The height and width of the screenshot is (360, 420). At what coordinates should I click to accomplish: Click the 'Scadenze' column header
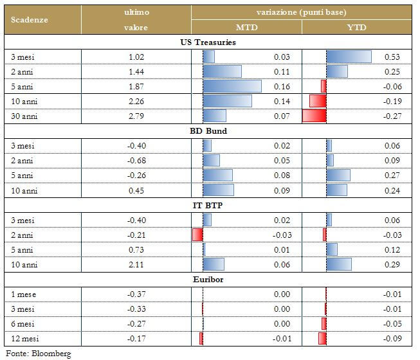(30, 19)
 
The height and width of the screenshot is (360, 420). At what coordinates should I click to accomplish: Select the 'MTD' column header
(248, 28)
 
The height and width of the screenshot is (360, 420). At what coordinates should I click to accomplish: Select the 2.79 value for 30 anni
(136, 116)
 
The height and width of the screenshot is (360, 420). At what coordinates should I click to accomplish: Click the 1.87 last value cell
(136, 86)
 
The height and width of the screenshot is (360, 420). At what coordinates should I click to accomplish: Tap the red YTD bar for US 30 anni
(314, 116)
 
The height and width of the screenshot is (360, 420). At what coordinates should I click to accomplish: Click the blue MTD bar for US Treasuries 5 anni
(232, 86)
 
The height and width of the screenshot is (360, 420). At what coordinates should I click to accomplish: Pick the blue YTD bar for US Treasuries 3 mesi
(349, 57)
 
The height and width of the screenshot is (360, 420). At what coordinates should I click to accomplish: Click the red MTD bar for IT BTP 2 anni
(197, 235)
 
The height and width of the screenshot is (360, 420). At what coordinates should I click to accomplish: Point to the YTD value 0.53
(392, 57)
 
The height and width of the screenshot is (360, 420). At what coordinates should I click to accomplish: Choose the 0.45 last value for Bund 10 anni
(136, 190)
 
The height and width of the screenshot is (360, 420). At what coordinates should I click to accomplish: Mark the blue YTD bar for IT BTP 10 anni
(339, 264)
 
